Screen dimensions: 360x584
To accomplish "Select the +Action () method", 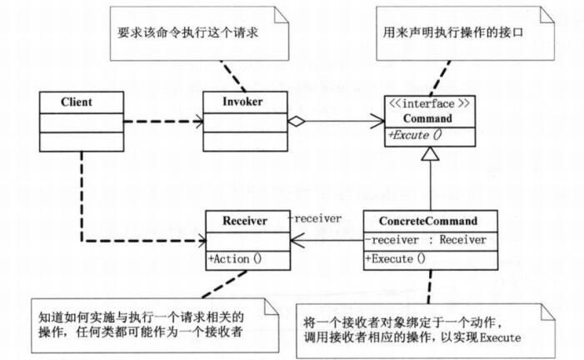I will click(235, 257).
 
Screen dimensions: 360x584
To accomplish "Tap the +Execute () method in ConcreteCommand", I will click(396, 258).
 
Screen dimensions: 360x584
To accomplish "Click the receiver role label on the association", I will click(315, 218).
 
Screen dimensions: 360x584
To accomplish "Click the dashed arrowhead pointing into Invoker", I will click(198, 122).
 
